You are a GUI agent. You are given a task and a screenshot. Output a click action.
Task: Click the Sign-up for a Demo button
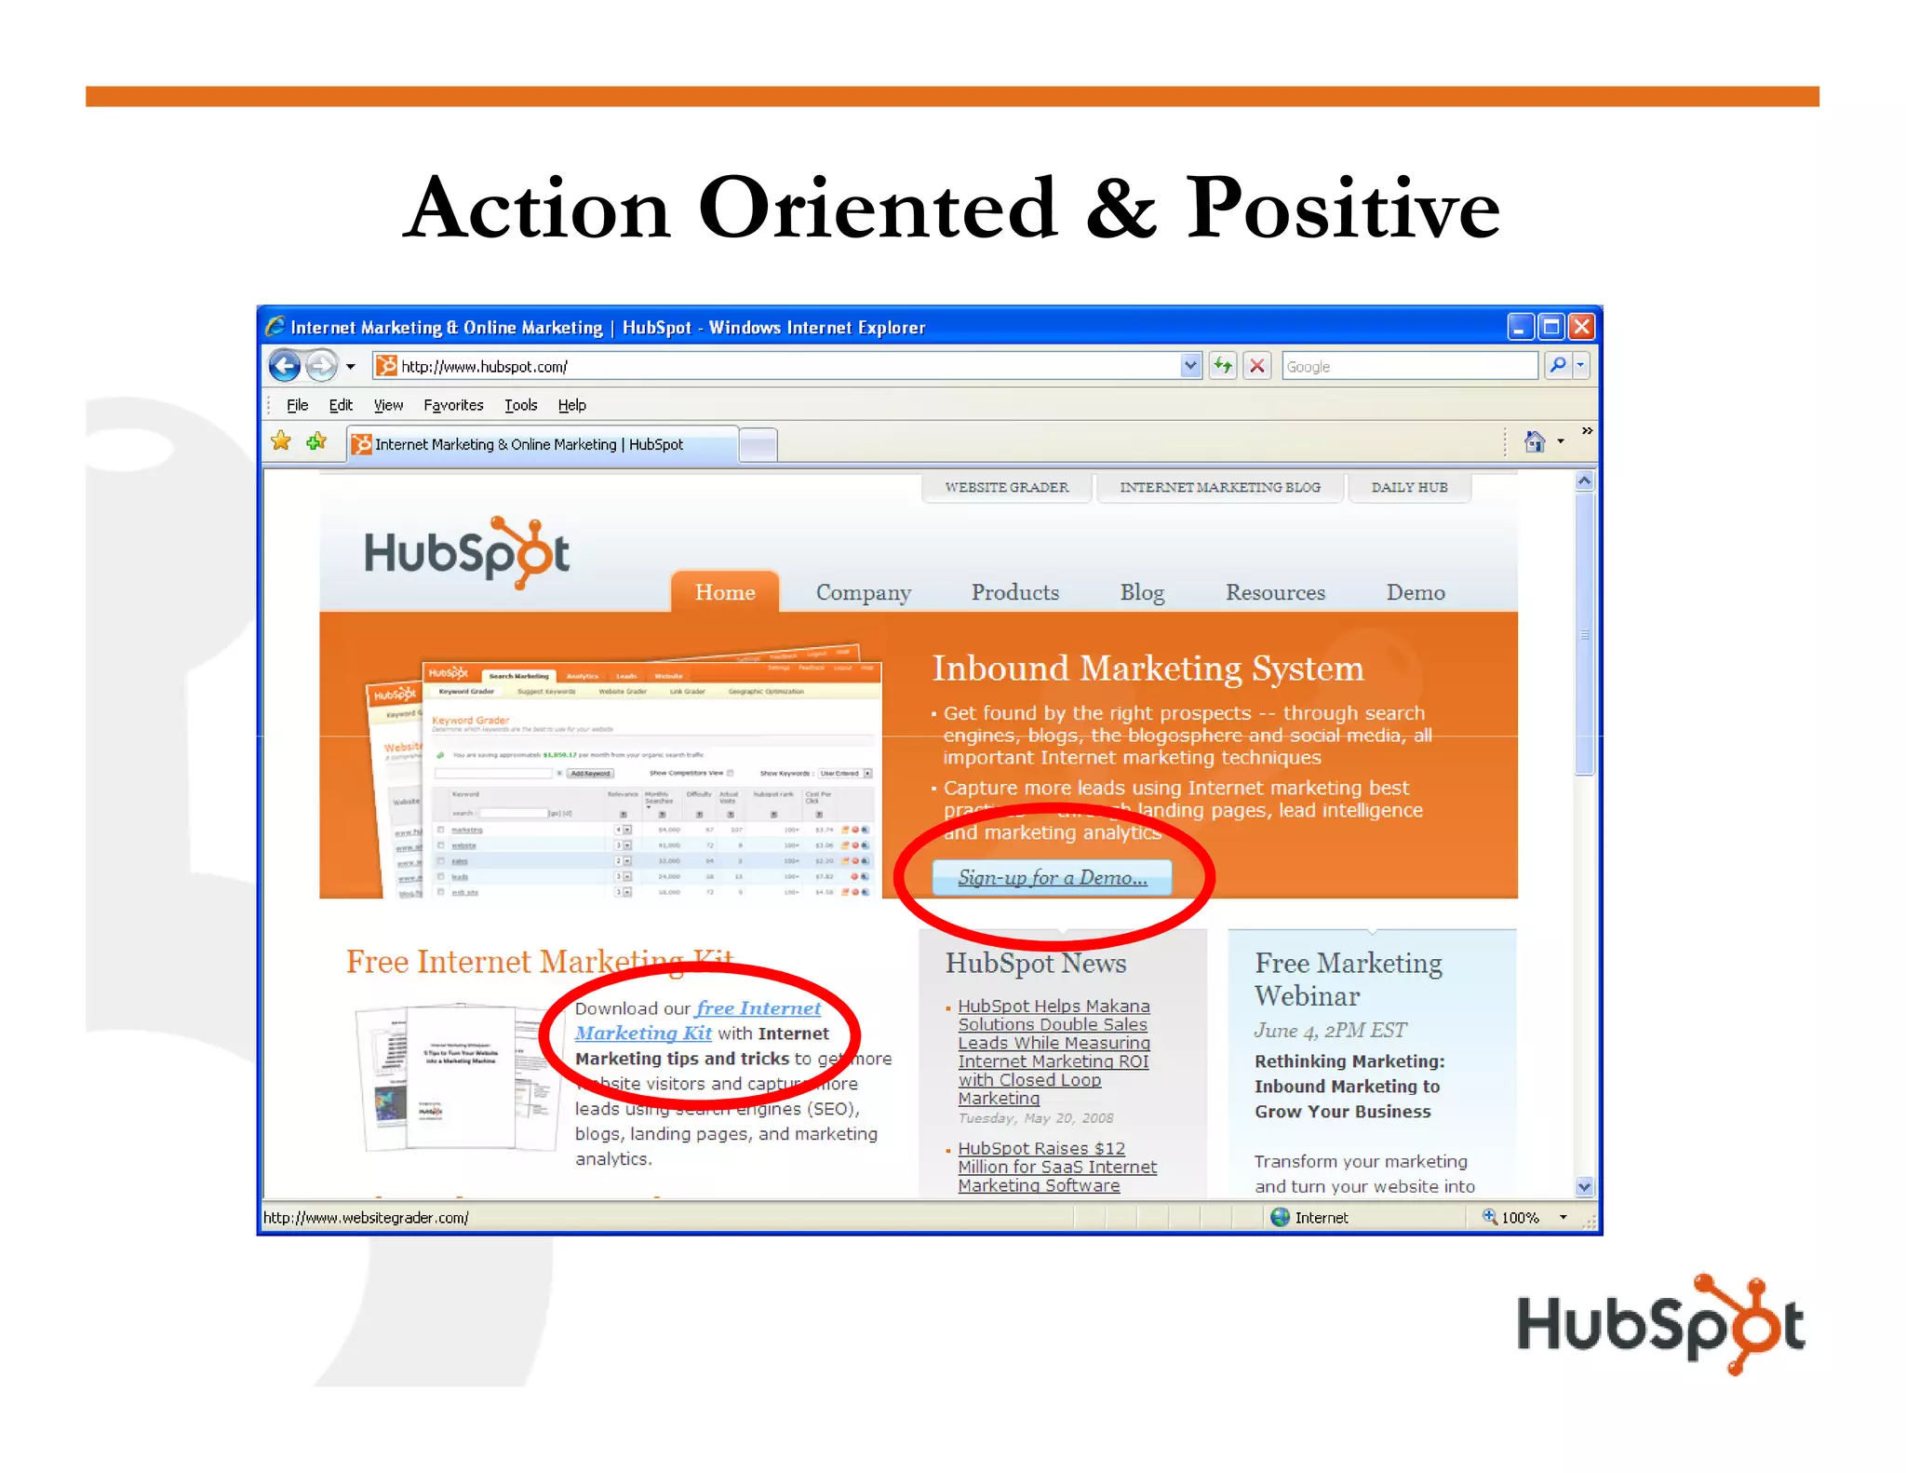pos(1052,877)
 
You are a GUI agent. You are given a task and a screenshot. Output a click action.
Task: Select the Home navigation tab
pos(725,592)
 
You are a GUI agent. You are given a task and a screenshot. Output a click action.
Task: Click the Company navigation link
pos(863,592)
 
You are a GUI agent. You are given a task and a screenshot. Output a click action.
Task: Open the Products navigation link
pos(1014,592)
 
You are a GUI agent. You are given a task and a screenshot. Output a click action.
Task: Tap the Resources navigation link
pos(1274,592)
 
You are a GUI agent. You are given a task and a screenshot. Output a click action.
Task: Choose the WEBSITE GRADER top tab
pos(1006,487)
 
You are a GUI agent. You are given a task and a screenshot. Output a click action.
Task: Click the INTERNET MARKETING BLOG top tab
pos(1219,487)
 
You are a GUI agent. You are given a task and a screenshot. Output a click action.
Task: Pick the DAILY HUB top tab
pos(1409,487)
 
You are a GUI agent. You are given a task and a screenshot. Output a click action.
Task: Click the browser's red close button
pos(1581,327)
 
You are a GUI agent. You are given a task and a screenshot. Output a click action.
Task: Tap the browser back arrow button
pos(285,366)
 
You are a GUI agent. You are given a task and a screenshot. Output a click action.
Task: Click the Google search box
pos(1408,366)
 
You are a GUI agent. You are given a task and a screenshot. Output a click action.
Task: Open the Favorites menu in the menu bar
pos(453,405)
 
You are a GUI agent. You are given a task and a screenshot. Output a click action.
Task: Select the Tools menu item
pos(520,405)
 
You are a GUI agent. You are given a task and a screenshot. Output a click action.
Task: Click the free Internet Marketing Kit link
pos(698,1020)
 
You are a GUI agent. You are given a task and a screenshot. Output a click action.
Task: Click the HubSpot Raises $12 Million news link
pos(1056,1167)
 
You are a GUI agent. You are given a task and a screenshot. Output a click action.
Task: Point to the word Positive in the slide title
pos(1342,208)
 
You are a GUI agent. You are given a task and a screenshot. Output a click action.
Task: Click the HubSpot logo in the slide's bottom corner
pos(1659,1323)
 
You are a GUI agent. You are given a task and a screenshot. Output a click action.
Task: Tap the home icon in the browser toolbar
pos(1535,441)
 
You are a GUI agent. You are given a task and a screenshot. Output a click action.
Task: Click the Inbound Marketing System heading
pos(1148,669)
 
